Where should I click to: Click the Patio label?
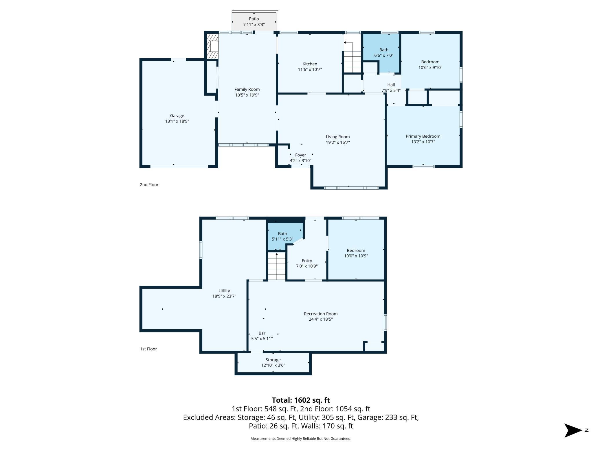(x=254, y=19)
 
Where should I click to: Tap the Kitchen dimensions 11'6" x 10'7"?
(x=310, y=70)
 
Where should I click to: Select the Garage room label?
(x=177, y=116)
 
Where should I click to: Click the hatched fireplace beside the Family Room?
(x=212, y=46)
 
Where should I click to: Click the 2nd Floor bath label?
(x=384, y=50)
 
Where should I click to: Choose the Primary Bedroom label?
(x=423, y=136)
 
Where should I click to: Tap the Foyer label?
(x=300, y=155)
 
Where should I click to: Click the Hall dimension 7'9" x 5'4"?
(x=391, y=90)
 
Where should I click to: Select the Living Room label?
(x=338, y=137)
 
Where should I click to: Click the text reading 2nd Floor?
(x=149, y=185)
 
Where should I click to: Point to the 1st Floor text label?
(x=148, y=349)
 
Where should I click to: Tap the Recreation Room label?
(x=321, y=314)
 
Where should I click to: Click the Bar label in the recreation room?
(x=262, y=333)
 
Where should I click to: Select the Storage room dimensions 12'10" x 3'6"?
(x=273, y=365)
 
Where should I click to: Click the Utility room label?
(x=224, y=291)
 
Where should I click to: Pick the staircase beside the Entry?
(x=277, y=266)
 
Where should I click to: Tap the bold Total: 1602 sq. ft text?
(x=301, y=400)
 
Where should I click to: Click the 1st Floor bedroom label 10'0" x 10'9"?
(x=356, y=256)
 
